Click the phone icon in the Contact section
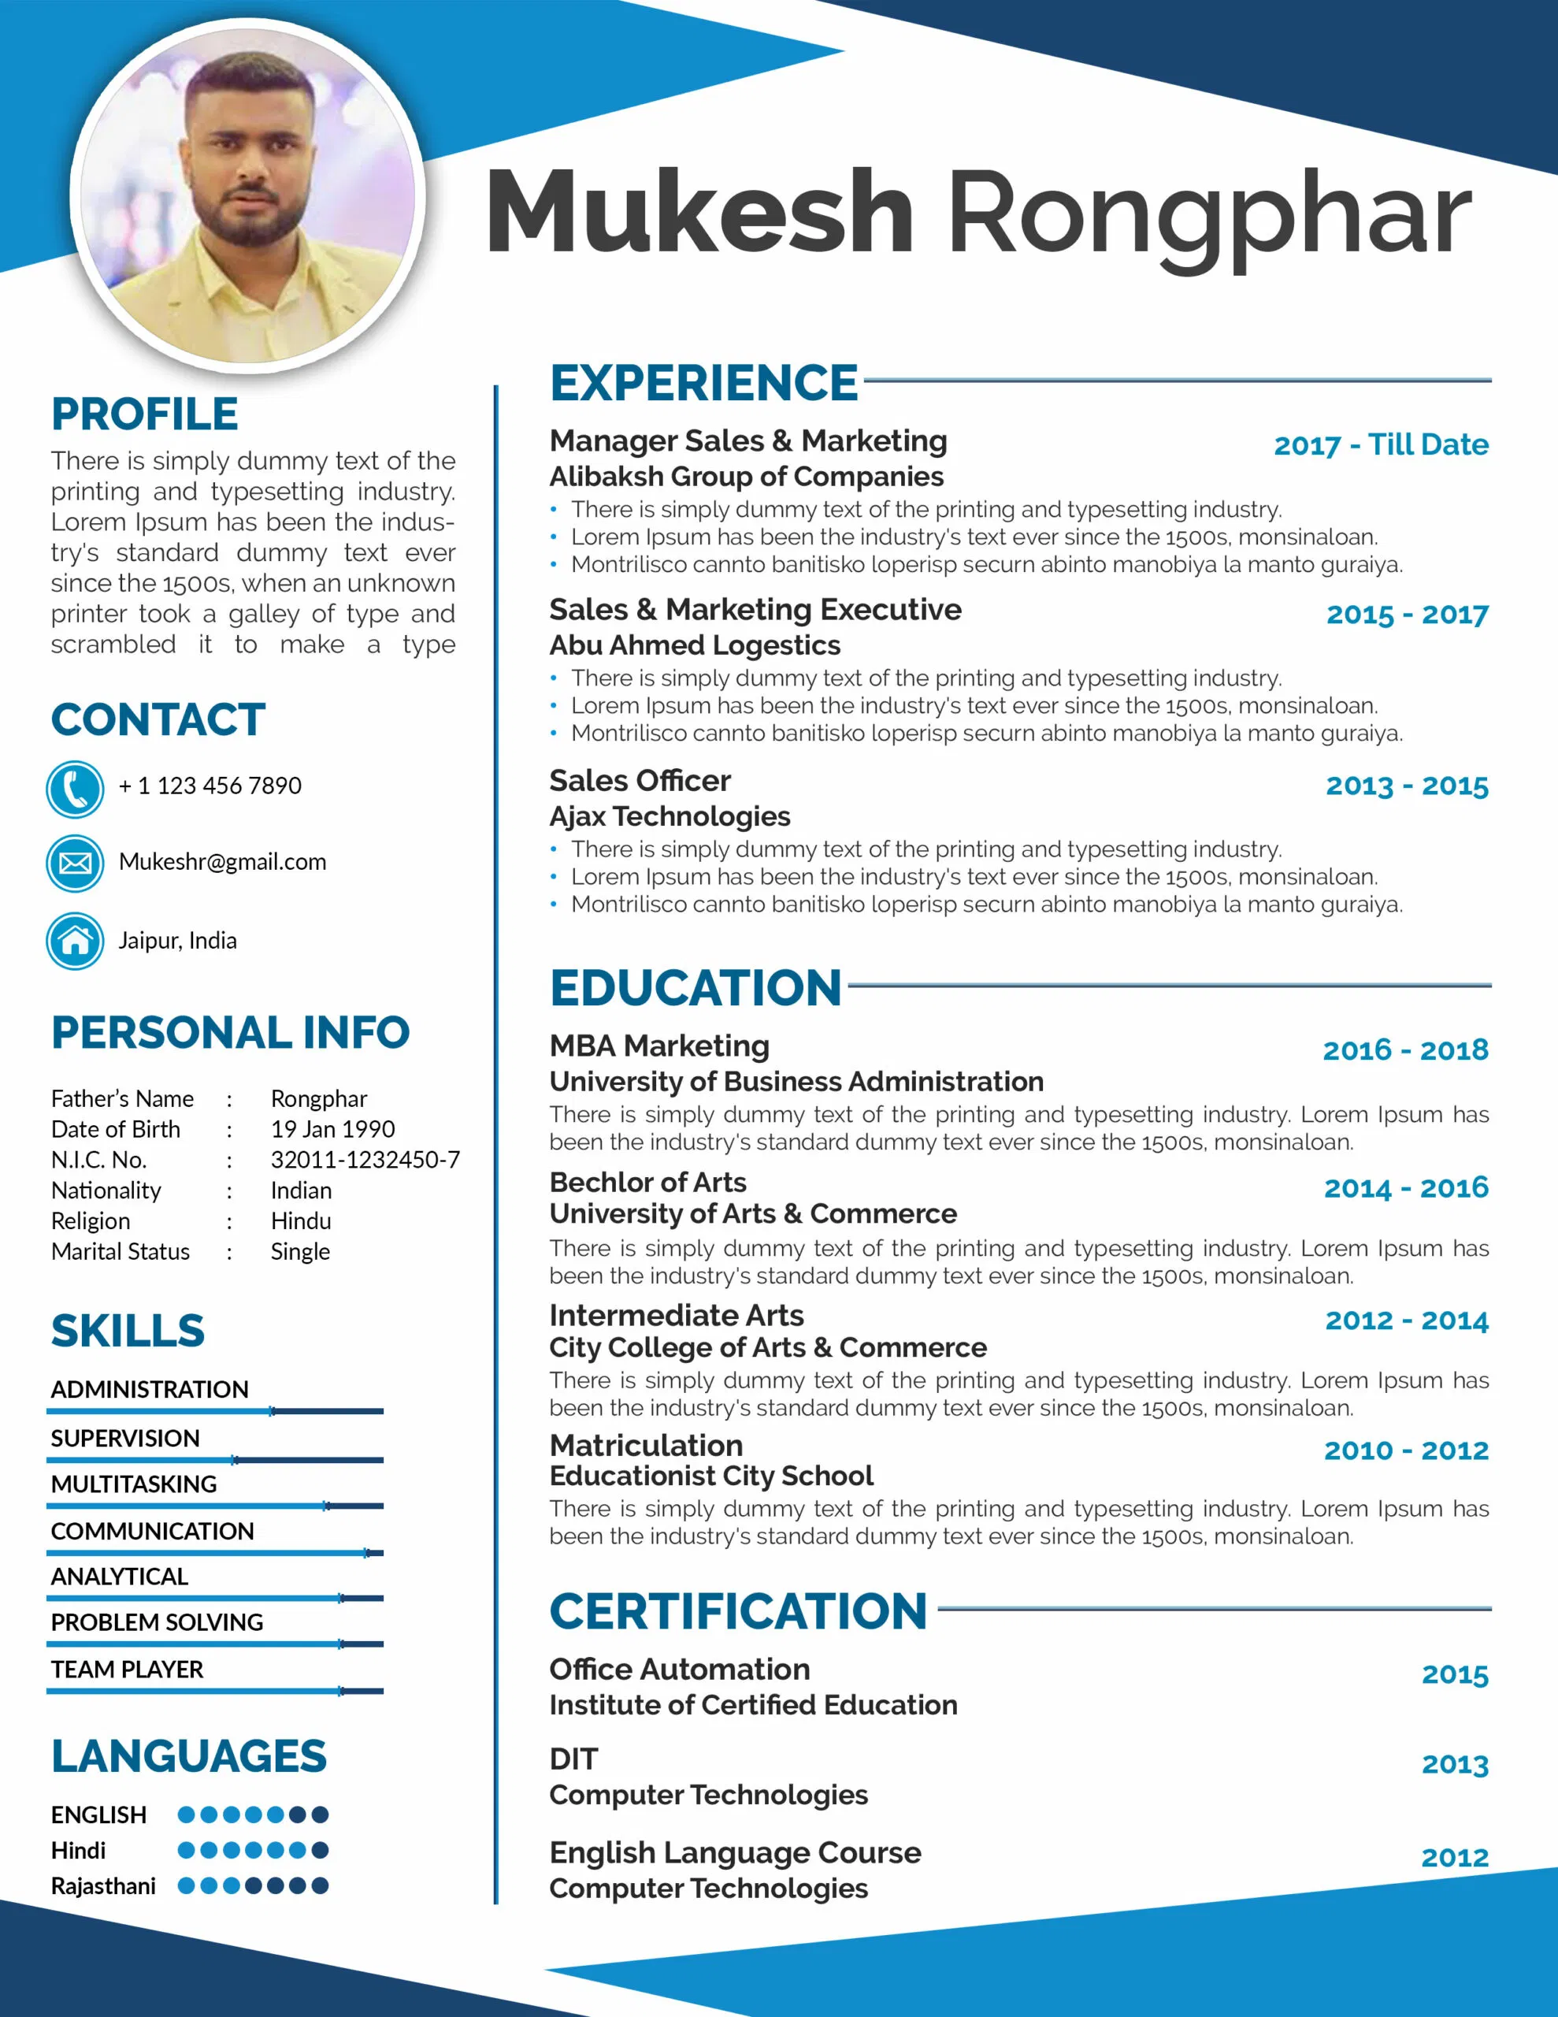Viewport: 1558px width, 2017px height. pos(75,789)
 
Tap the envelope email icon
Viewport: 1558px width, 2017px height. pos(75,864)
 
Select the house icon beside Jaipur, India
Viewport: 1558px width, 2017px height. pos(75,941)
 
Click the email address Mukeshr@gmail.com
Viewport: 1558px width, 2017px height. pos(223,862)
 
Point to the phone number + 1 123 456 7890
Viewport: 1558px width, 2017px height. pos(210,786)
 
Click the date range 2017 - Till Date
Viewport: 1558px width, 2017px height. pos(1381,445)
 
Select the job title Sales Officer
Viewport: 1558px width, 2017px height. pos(640,782)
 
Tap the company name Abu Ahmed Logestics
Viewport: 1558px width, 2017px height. pos(695,645)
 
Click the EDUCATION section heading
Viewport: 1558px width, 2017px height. pos(696,988)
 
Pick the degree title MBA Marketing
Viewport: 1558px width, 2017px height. pos(659,1046)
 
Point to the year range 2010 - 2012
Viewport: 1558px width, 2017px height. pos(1406,1451)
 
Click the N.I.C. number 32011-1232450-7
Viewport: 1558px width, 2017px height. pos(365,1160)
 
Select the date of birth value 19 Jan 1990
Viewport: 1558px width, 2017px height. pos(332,1130)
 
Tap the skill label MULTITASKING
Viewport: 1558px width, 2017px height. pos(134,1484)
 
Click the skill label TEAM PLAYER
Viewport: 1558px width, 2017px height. pos(128,1670)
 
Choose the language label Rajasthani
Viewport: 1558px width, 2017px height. pos(103,1886)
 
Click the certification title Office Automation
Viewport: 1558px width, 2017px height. pos(680,1670)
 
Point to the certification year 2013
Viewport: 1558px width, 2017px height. pos(1455,1765)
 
